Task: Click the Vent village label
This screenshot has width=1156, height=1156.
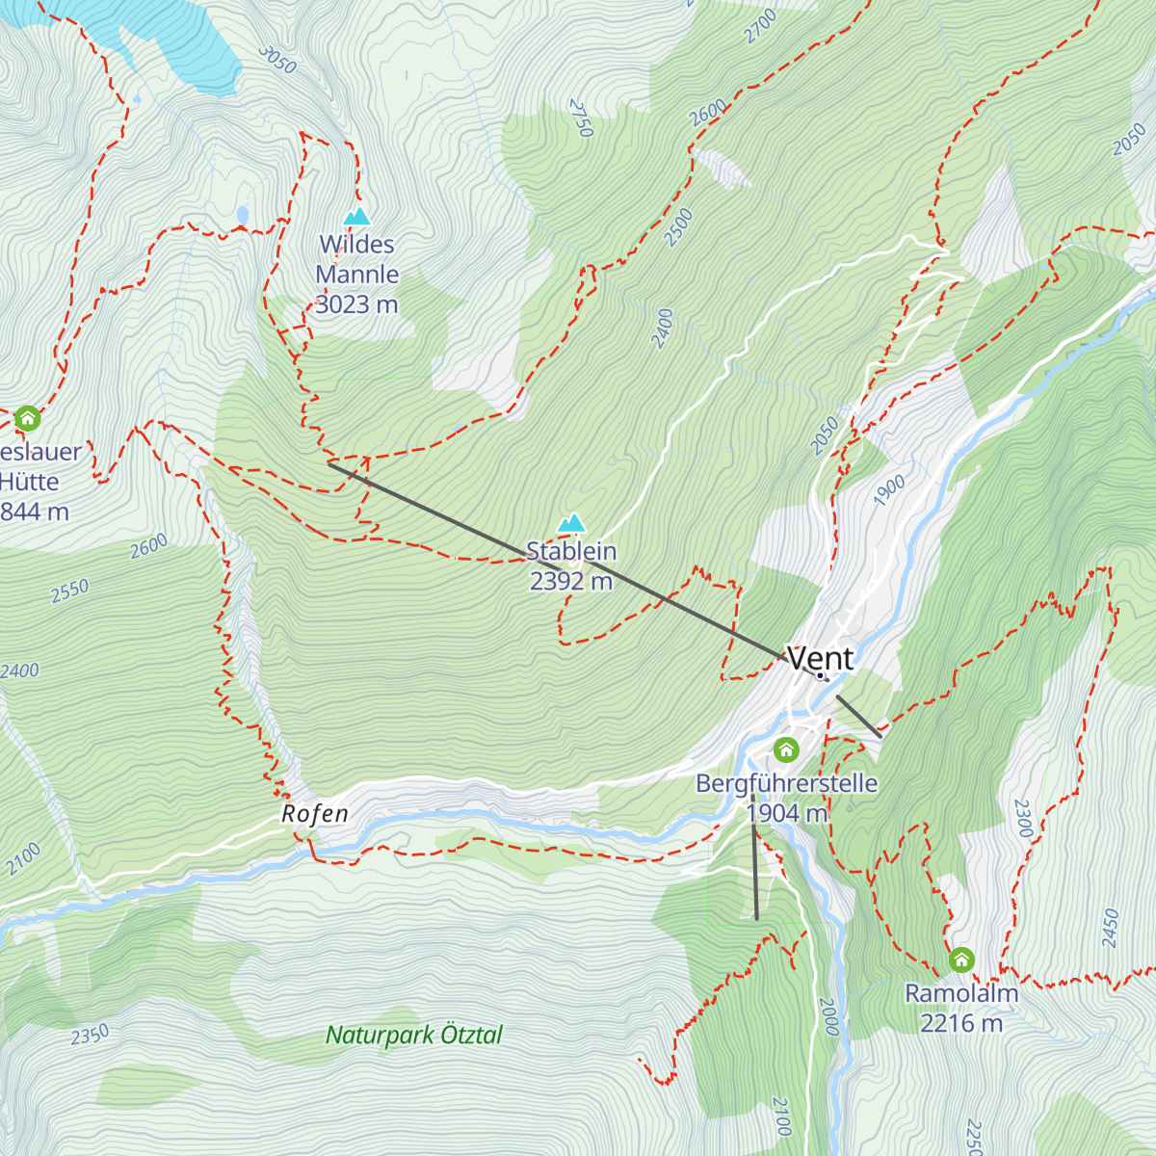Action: pyautogui.click(x=821, y=658)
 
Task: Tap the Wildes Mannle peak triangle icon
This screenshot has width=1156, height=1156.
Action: pyautogui.click(x=357, y=217)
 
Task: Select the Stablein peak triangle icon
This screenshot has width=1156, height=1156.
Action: pyautogui.click(x=572, y=523)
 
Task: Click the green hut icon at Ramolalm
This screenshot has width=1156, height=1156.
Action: pyautogui.click(x=961, y=959)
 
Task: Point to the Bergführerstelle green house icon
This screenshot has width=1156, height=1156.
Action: pyautogui.click(x=786, y=749)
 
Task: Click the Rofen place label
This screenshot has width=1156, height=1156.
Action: pyautogui.click(x=315, y=814)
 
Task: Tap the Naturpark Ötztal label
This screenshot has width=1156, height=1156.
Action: pyautogui.click(x=414, y=1036)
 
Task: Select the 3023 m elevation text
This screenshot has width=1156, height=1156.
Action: pyautogui.click(x=356, y=304)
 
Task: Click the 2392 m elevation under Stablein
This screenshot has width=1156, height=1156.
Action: pyautogui.click(x=571, y=581)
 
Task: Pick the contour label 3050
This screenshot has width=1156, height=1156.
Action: pyautogui.click(x=277, y=60)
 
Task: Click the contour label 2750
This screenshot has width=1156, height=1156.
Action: pyautogui.click(x=581, y=118)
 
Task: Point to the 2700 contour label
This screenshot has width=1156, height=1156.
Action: pyautogui.click(x=760, y=26)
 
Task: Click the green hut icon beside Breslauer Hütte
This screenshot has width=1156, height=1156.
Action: pyautogui.click(x=27, y=418)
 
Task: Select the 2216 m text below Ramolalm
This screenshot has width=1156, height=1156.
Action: pyautogui.click(x=961, y=1023)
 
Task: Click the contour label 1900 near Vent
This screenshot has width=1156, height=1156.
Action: pyautogui.click(x=889, y=490)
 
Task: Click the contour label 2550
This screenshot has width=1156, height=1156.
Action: pyautogui.click(x=70, y=591)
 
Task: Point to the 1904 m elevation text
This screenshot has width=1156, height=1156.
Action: pyautogui.click(x=787, y=813)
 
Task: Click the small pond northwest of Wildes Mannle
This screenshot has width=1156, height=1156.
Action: pyautogui.click(x=242, y=214)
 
